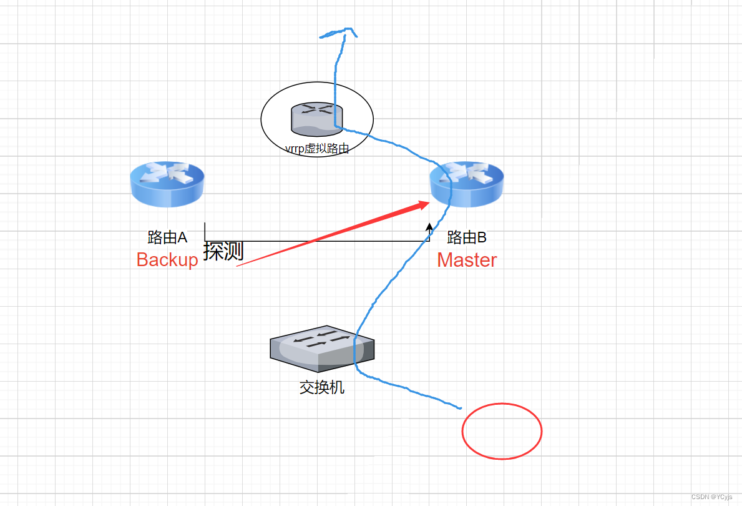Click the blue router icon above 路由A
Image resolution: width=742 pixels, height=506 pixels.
pos(167,184)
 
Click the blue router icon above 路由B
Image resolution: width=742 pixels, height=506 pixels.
pos(467,184)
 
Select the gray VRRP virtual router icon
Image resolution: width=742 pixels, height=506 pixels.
pos(316,119)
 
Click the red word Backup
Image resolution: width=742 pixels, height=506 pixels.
pos(167,260)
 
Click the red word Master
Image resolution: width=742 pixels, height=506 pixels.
pos(467,260)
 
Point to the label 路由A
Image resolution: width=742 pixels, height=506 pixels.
pos(167,237)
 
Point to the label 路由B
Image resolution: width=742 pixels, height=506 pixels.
pos(467,237)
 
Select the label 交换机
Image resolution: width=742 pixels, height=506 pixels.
pos(322,387)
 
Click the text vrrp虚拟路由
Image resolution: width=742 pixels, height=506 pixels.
pos(316,149)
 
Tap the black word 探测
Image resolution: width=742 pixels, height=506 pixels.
pos(223,251)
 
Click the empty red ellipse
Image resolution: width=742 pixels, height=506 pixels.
pos(502,431)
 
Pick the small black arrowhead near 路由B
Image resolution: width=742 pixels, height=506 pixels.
pos(429,226)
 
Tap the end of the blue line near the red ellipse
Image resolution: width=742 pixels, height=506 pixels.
pos(460,408)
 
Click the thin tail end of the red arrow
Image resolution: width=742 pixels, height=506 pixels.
pos(239,265)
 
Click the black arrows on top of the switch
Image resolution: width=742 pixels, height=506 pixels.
pos(322,338)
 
